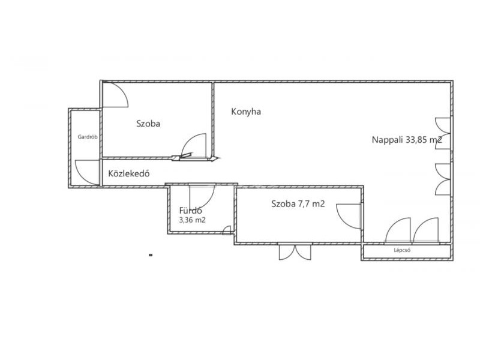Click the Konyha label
pos(246,112)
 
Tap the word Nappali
pos(387,140)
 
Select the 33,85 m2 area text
pos(424,140)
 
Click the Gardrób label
pos(88,137)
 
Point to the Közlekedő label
pos(129,173)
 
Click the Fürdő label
pos(190,211)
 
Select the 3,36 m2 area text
pos(192,220)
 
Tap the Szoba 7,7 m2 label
pos(298,203)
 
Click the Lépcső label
pos(402,250)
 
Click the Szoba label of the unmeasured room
pos(148,124)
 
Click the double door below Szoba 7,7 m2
pos(295,252)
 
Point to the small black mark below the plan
pos(151,254)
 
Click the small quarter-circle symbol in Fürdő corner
pos(227,230)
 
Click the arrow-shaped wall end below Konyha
pos(215,158)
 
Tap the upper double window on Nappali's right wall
pos(443,133)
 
